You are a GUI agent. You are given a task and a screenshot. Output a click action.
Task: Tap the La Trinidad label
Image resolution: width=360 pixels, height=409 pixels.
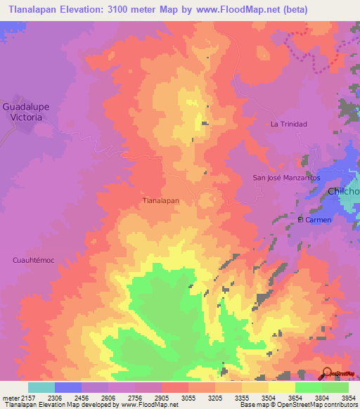pos(289,124)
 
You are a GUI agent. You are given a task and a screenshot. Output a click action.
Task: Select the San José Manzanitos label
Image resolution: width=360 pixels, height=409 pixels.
pos(286,178)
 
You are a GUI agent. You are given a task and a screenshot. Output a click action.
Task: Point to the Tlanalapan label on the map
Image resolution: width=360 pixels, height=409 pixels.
pos(161,200)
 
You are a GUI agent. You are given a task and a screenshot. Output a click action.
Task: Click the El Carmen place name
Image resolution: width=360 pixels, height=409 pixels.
pos(314,219)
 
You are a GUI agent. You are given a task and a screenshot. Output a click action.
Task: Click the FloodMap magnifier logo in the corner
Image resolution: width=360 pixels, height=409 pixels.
pos(328,372)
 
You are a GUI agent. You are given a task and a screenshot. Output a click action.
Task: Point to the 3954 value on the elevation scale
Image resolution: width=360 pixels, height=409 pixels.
pos(349,398)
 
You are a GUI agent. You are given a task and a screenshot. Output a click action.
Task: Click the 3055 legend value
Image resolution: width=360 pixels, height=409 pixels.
pos(188,398)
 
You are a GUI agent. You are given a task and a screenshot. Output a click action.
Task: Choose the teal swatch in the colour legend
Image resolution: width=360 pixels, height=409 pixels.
pos(41,387)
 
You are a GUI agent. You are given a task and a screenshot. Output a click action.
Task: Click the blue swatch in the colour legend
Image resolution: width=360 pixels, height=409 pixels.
pos(67,387)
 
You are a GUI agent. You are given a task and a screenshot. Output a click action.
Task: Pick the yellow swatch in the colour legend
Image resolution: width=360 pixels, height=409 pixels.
pos(282,387)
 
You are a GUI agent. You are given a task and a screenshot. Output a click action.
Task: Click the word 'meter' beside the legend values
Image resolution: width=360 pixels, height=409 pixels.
pos(10,398)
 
